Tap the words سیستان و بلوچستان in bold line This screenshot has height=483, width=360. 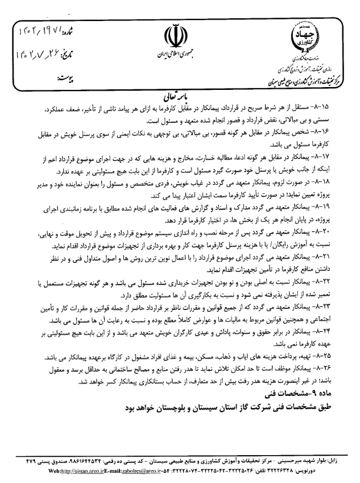pos(188,408)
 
